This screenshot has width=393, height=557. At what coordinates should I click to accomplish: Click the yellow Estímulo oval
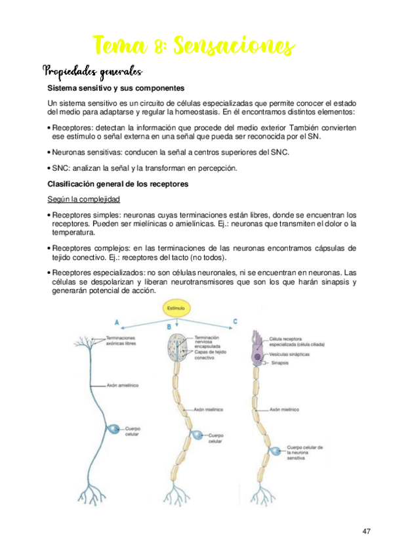tap(176, 308)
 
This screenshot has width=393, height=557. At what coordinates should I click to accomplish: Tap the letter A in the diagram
tap(116, 323)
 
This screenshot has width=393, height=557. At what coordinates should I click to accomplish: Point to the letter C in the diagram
tap(236, 321)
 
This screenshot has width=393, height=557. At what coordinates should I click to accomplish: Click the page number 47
tap(366, 530)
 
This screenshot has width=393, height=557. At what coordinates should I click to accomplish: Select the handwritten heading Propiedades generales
tap(92, 70)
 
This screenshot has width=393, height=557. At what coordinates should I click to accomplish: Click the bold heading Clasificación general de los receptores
tap(118, 185)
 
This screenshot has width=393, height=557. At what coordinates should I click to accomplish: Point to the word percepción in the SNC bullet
tap(215, 168)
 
